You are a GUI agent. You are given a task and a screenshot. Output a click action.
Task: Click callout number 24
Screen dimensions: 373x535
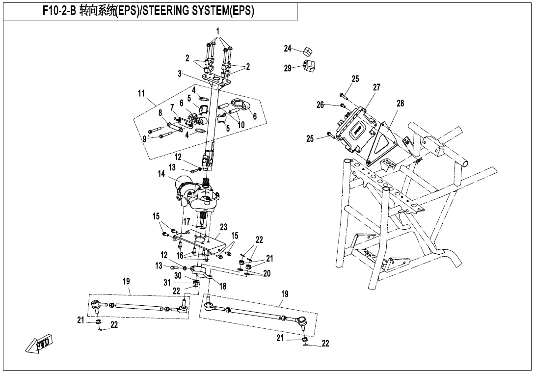click(288, 48)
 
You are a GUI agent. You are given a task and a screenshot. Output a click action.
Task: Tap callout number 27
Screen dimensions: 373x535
click(376, 87)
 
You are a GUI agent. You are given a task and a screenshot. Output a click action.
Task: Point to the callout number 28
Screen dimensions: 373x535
click(401, 103)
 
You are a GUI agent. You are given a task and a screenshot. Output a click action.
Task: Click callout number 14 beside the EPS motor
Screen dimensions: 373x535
click(161, 174)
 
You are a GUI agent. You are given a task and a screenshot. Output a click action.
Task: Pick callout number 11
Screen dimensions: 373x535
click(142, 93)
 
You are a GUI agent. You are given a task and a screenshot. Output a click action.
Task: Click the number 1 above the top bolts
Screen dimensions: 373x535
click(217, 30)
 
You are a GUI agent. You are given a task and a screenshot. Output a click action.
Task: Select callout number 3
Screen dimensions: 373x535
click(180, 74)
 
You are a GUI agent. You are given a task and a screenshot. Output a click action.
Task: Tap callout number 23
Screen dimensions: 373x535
click(224, 227)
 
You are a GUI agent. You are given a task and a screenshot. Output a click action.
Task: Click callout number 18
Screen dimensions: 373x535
click(223, 286)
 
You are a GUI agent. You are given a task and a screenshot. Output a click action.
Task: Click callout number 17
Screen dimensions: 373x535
click(187, 222)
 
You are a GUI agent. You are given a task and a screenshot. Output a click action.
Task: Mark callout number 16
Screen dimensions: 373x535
click(180, 256)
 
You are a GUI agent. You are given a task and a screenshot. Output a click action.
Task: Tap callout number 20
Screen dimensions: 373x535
click(267, 273)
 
